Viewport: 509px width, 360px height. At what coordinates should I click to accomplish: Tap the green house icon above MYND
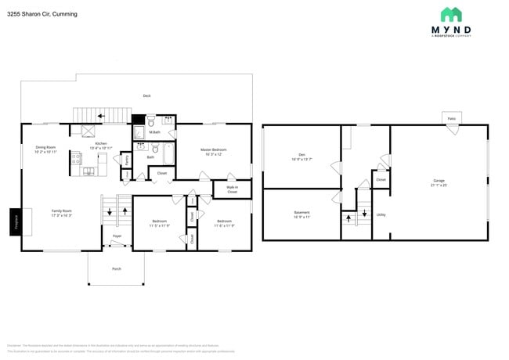tap(450, 14)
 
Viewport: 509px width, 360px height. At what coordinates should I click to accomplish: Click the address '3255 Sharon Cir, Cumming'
tap(42, 13)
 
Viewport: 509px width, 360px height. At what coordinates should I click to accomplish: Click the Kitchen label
tap(101, 145)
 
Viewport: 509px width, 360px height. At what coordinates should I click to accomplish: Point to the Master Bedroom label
tap(214, 151)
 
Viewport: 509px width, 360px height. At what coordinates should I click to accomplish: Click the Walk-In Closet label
tap(233, 189)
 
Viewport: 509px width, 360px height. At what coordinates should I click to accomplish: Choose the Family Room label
tap(62, 212)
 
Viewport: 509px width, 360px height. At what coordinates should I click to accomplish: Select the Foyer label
tap(117, 236)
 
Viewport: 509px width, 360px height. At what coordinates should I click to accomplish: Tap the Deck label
tap(146, 95)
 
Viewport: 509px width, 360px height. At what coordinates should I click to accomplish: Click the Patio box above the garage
tap(451, 118)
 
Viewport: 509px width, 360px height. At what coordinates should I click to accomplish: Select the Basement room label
tap(301, 214)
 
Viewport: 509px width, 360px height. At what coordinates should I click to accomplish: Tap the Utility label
tap(381, 214)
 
